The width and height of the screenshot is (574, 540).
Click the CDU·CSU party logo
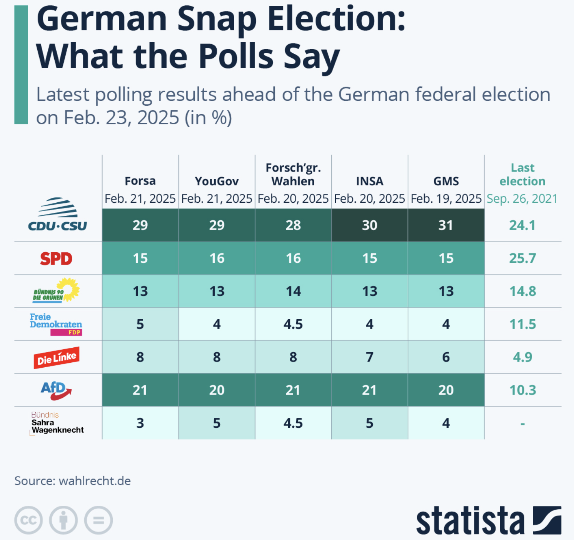coord(58,215)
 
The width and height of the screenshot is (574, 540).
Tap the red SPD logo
coord(56,259)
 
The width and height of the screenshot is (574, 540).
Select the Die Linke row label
coord(57,358)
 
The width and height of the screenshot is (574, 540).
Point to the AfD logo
coord(56,390)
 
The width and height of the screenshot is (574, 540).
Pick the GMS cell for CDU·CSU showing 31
coord(446,225)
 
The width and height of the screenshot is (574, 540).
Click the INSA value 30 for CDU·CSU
coord(369,225)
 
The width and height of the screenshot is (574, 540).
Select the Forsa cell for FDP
coord(140,324)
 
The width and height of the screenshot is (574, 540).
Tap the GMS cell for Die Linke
coord(446,357)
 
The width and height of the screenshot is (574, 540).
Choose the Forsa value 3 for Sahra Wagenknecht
coord(140,423)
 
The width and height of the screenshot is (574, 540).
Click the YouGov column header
coord(217,181)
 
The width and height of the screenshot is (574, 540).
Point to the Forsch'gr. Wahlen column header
coord(293,174)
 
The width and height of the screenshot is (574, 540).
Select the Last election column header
coord(522,174)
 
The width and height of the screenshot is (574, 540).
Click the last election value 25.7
coord(522,258)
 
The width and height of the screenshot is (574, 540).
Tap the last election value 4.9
coord(522,357)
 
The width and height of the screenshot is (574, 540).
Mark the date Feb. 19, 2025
coord(446,199)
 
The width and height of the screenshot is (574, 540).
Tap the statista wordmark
coord(470,520)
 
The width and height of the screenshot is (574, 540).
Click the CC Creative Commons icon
coord(28,520)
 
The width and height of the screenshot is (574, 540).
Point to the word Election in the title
coord(337,19)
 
